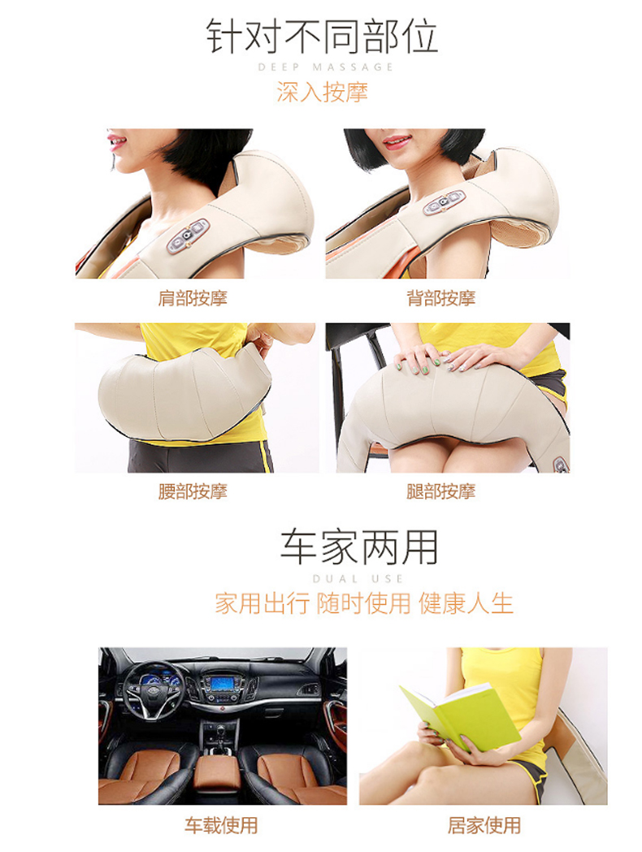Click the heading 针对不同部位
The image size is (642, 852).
(x=322, y=36)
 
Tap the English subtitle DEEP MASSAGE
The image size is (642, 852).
(x=325, y=67)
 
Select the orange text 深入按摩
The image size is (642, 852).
(x=322, y=92)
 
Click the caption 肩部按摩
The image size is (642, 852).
(x=193, y=298)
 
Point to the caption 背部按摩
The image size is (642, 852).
(x=440, y=298)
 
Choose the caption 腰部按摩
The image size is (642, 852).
(x=193, y=491)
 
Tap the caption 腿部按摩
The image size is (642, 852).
(x=440, y=491)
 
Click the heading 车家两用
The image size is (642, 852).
(x=358, y=547)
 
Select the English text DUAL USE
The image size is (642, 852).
(x=358, y=578)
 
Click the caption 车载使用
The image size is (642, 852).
(x=221, y=825)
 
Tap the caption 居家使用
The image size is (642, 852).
(x=484, y=825)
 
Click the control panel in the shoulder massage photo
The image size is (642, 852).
(x=188, y=236)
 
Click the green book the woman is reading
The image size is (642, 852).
(x=462, y=715)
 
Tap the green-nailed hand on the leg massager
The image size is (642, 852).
(x=419, y=359)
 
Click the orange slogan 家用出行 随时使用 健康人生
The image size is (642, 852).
(x=364, y=603)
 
